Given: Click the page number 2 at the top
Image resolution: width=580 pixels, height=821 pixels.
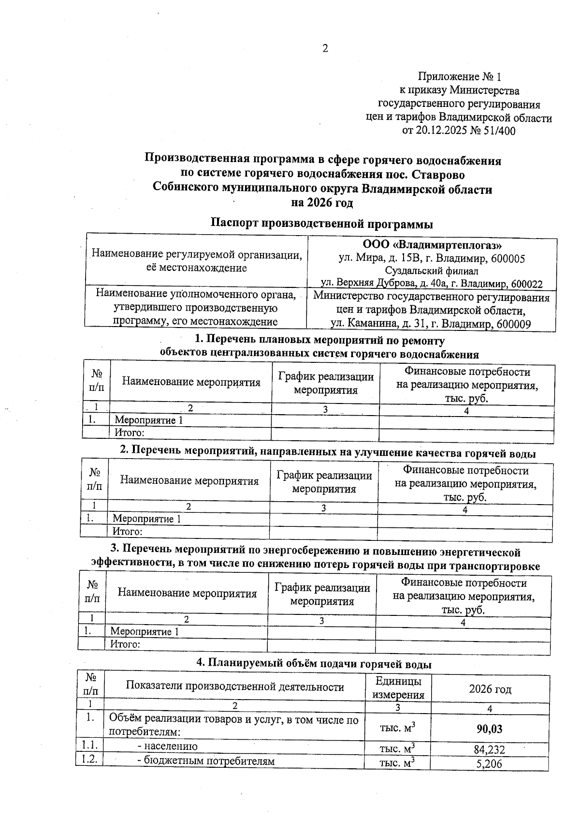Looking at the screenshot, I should [x=325, y=48].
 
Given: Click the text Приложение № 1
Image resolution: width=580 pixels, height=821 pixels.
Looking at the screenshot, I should [x=460, y=76].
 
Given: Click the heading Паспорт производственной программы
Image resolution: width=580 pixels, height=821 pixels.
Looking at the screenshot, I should [x=322, y=224].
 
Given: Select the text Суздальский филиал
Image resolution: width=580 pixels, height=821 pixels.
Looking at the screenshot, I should [x=432, y=271].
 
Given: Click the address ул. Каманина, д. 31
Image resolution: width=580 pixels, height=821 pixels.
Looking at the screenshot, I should [x=380, y=324].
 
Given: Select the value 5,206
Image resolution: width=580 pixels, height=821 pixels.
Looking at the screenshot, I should [x=489, y=764].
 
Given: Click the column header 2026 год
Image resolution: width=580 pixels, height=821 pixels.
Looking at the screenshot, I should [x=490, y=689].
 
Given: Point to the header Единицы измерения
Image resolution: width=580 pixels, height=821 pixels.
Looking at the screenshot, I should [x=398, y=688].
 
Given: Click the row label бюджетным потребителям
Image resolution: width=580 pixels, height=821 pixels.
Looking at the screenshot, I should [x=206, y=761].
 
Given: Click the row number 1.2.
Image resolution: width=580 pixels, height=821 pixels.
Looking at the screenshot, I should [x=89, y=760].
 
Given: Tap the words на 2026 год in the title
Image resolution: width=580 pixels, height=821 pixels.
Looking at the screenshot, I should [x=322, y=203].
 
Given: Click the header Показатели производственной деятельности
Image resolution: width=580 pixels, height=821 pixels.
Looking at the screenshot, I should [x=235, y=686].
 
